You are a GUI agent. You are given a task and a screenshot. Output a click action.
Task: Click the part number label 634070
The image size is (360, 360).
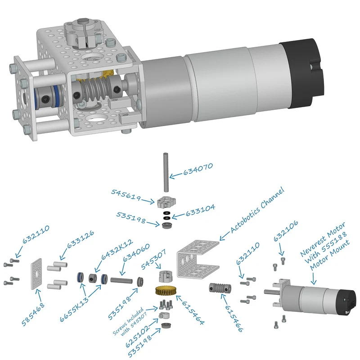coord(198,169)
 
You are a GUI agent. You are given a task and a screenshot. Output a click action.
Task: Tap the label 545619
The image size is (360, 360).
coord(126,195)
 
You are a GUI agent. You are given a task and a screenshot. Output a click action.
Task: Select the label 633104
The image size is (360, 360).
coord(200,210)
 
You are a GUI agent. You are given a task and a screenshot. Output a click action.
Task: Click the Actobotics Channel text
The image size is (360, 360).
coord(257,210)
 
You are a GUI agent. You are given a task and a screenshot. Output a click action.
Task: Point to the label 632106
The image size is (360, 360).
coord(286,231)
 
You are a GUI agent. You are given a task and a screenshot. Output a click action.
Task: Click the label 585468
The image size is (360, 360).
coord(33,314)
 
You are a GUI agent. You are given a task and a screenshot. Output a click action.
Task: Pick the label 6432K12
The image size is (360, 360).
coord(117,250)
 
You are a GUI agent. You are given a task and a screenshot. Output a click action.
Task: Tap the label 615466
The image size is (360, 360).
coord(234,319)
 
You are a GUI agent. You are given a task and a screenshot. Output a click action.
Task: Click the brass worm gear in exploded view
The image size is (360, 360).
coord(166,291)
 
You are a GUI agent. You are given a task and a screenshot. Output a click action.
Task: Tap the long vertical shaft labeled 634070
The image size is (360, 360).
coord(166,172)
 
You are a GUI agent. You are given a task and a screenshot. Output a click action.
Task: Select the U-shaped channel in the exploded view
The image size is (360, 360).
coord(198,259)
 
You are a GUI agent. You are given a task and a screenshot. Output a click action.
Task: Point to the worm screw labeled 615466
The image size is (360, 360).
coord(220,288)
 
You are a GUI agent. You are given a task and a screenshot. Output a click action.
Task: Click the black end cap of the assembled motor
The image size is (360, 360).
coord(301,74)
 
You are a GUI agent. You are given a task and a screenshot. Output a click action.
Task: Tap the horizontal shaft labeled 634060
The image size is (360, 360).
coord(121,280)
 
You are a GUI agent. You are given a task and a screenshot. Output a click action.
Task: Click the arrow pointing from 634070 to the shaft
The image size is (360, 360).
coord(176,175)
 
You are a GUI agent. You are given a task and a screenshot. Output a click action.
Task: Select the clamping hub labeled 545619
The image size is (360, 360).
coord(166,202)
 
